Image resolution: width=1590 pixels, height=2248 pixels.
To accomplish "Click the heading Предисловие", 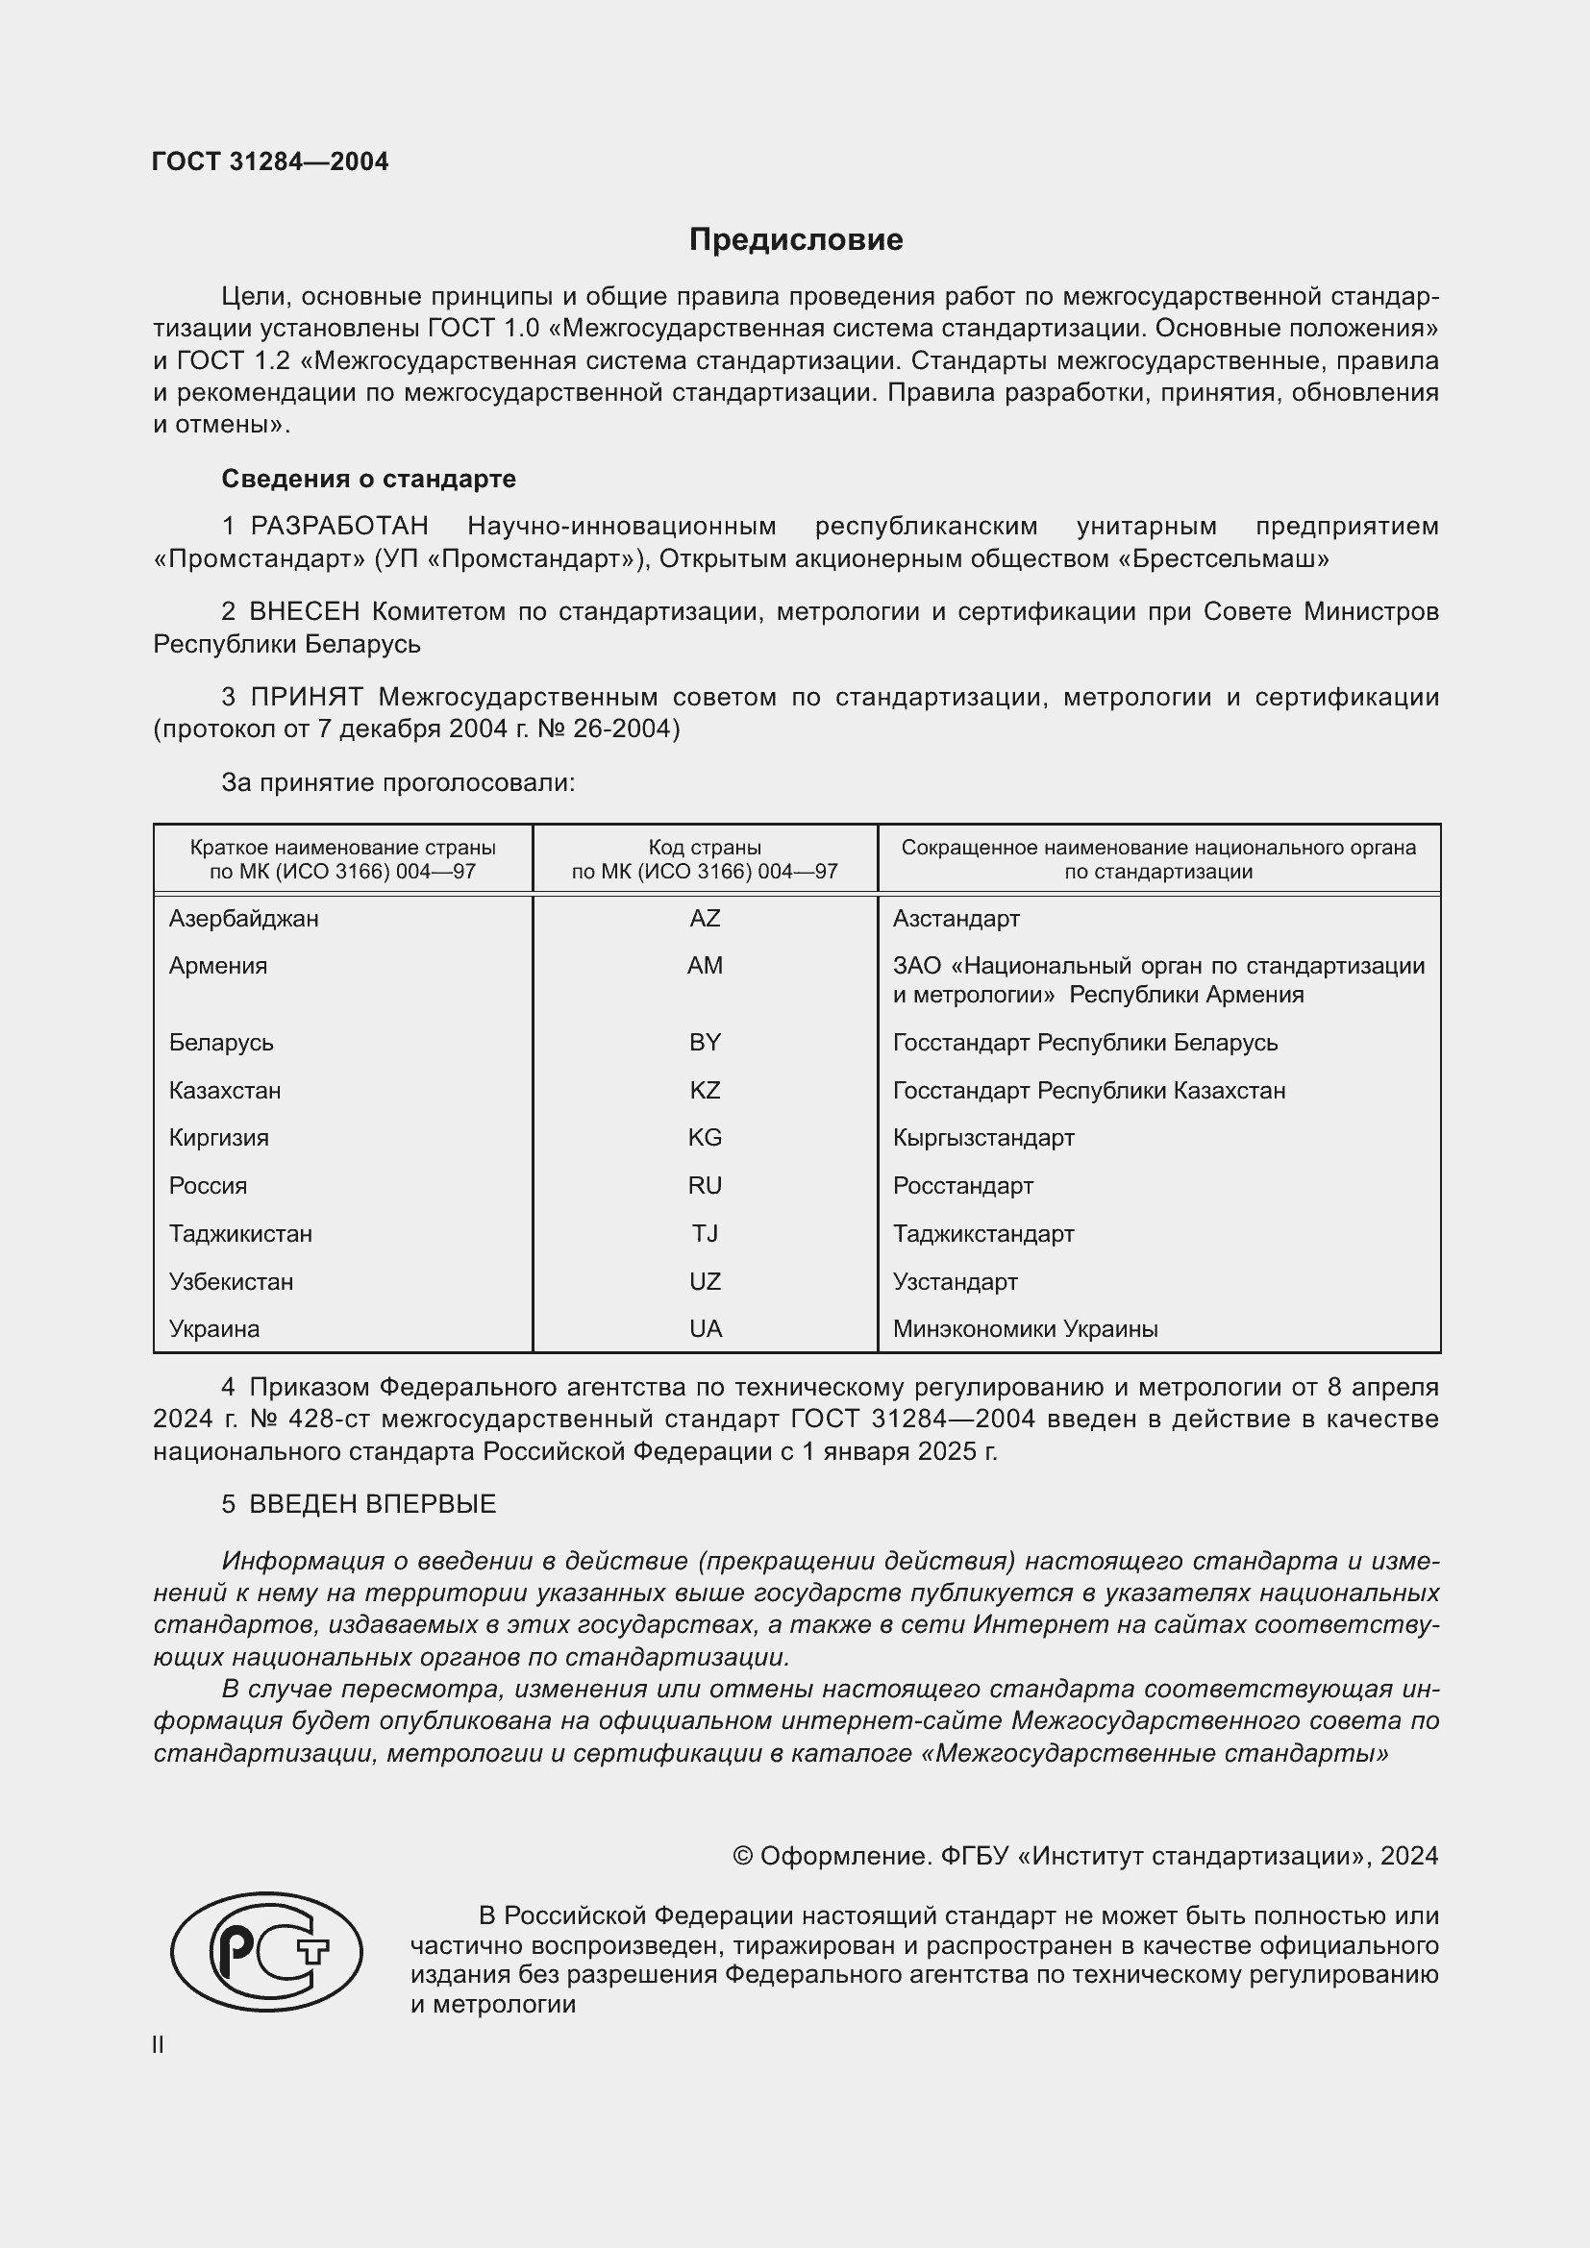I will (x=795, y=240).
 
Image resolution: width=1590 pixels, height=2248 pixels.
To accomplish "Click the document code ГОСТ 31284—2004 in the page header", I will (x=270, y=161).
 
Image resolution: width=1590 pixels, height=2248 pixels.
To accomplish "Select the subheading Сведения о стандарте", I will (x=368, y=479).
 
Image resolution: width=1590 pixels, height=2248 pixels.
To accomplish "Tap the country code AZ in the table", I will (x=704, y=919).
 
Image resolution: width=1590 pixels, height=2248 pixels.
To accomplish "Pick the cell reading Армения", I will (x=217, y=965).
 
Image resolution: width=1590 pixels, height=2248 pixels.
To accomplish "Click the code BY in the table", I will (x=704, y=1042).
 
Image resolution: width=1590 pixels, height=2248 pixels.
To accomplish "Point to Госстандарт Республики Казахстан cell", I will (x=1089, y=1090).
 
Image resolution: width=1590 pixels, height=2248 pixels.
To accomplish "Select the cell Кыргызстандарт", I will (x=983, y=1138).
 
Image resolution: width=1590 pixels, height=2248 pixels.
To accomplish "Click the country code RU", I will (x=704, y=1186).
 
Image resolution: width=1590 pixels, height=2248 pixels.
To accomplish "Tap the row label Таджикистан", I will (x=240, y=1234).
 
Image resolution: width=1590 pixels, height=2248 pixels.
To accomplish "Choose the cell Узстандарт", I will (x=955, y=1282).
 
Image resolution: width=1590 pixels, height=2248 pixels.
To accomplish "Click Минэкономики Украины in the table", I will (x=1025, y=1328).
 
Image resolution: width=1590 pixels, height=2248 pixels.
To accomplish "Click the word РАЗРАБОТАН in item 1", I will (x=338, y=526).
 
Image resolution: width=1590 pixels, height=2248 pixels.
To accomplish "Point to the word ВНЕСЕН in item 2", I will (x=305, y=611).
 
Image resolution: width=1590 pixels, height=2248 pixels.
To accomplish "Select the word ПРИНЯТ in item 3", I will (x=307, y=697).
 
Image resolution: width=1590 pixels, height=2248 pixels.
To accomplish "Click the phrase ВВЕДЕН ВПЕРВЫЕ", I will (x=372, y=1504).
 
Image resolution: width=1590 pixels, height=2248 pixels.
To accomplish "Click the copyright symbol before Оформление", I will (x=742, y=1857).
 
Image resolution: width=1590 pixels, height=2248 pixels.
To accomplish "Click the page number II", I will (x=159, y=2045).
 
